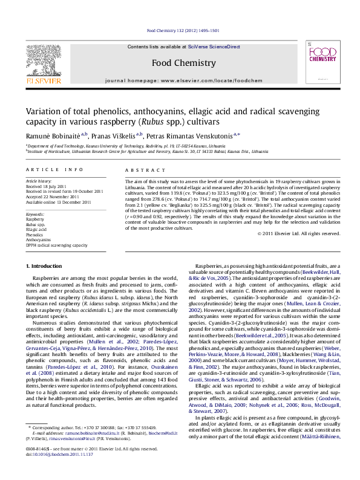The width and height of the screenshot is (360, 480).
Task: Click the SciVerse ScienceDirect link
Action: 214,47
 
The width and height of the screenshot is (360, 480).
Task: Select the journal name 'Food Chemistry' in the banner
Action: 183,63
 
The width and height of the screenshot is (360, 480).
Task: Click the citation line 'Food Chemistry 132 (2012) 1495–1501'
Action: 183,30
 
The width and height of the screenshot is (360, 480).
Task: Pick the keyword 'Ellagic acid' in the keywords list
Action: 36,230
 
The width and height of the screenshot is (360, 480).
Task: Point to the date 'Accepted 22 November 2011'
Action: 53,195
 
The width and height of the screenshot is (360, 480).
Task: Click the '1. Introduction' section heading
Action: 45,267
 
